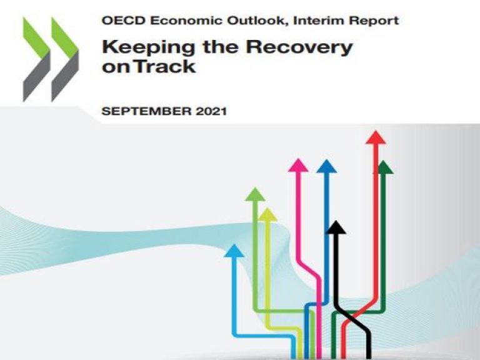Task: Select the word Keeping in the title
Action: (148, 48)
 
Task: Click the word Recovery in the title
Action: (299, 48)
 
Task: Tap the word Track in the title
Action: (165, 66)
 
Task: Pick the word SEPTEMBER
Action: (146, 111)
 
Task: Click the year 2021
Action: (211, 111)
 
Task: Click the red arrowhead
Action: (376, 137)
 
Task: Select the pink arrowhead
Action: (298, 165)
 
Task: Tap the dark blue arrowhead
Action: (326, 166)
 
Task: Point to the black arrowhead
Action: (336, 227)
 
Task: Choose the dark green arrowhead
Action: (384, 167)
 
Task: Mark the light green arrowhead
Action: (255, 194)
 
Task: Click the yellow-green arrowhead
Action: (267, 214)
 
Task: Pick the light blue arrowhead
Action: (234, 251)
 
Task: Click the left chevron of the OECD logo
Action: (36, 59)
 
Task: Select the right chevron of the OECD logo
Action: (65, 59)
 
